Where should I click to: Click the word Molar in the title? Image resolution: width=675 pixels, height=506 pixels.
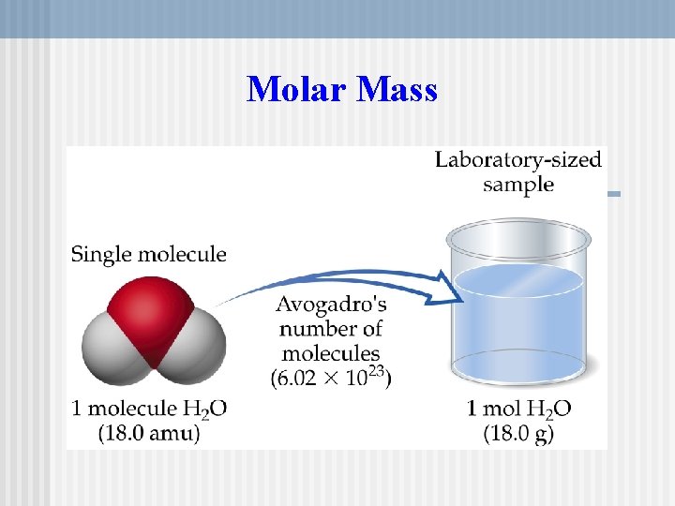[294, 90]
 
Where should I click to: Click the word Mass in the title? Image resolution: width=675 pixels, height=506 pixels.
[397, 90]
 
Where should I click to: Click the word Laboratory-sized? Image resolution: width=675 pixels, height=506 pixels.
[517, 159]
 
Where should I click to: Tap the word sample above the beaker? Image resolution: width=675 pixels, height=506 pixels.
[517, 184]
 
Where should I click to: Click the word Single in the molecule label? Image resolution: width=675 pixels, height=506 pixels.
[103, 254]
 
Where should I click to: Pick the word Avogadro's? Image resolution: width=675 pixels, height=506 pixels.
[331, 306]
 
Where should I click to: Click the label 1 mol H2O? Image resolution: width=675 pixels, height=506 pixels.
[518, 409]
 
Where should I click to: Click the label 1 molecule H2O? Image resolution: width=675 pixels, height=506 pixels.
[149, 409]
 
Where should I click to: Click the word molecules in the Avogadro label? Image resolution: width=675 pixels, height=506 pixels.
[331, 354]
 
